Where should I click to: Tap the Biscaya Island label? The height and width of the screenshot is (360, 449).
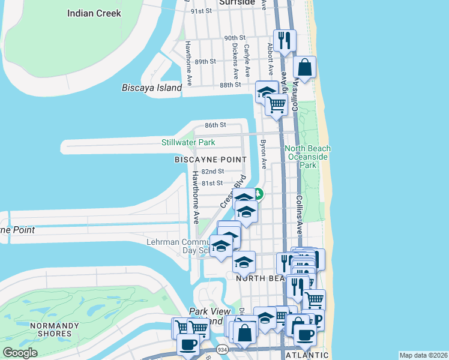tap(152, 88)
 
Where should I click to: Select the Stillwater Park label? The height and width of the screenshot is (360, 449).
tap(188, 142)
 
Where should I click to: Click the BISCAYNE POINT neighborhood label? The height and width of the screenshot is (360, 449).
tap(210, 159)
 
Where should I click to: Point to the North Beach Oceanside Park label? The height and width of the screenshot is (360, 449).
tap(307, 156)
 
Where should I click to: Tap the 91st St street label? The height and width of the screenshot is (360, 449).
tap(202, 11)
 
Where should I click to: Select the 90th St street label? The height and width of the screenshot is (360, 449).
tap(234, 38)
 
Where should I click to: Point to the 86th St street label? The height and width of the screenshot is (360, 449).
tap(214, 125)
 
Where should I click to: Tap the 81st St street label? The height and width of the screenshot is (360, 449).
tap(212, 183)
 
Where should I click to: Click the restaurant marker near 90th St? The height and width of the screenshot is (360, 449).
tap(284, 41)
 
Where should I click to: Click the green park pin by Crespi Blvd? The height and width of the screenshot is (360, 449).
tap(258, 194)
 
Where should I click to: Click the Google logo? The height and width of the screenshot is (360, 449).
tap(20, 353)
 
